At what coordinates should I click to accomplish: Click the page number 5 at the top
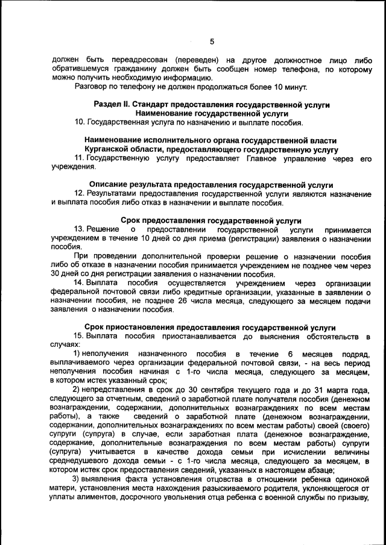[x=212, y=42]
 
